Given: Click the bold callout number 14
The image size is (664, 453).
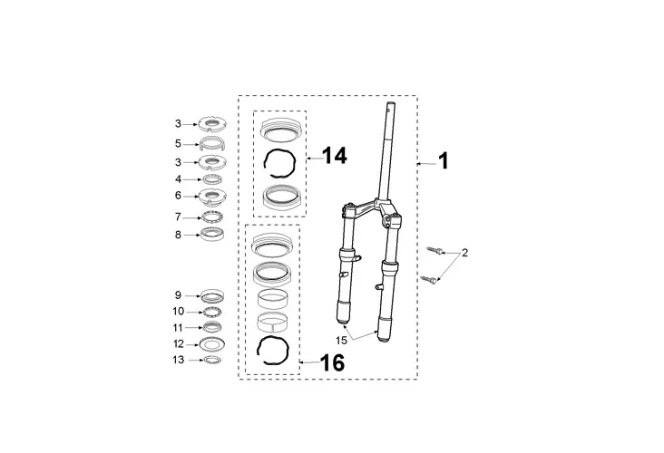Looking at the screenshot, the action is click(335, 156).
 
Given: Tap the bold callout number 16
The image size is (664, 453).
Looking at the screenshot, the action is click(332, 363).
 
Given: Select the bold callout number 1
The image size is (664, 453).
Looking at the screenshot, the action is click(443, 161).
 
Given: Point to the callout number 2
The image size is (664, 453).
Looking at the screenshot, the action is click(465, 253).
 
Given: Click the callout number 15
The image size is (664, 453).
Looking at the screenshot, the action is click(341, 340).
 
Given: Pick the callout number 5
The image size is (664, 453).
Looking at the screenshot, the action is click(179, 144).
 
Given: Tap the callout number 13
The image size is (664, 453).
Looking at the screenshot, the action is click(179, 360).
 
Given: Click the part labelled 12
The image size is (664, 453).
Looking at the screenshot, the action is click(211, 344).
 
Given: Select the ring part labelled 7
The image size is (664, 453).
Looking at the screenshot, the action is click(212, 217).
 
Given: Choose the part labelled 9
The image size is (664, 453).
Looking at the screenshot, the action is click(212, 296).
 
